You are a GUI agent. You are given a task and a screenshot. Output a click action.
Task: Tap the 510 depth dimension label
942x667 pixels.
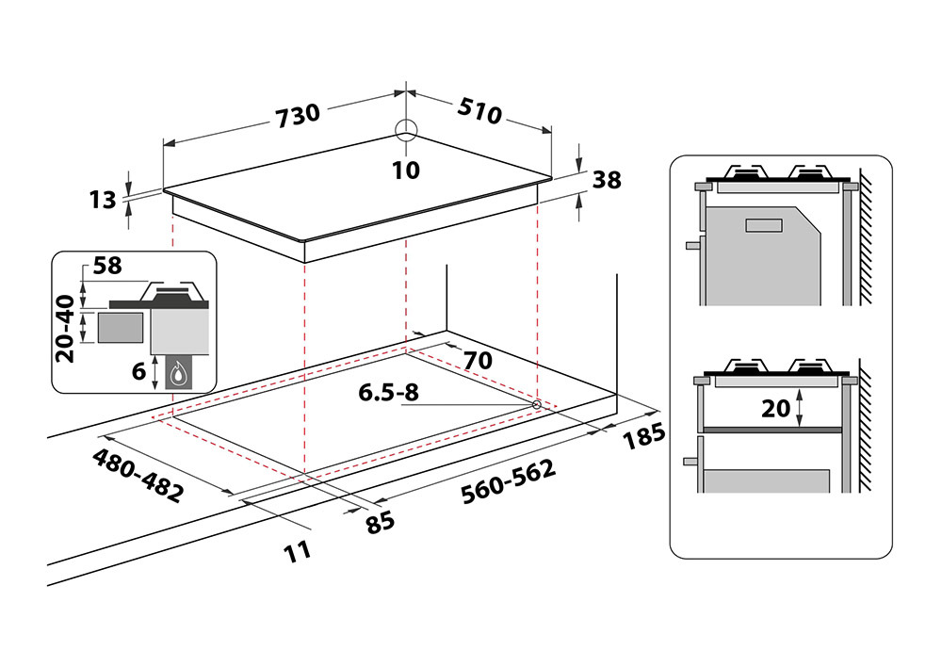point(480,111)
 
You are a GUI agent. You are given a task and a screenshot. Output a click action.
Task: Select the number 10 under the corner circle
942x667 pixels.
point(406,170)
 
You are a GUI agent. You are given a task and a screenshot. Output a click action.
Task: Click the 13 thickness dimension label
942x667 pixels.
point(103,199)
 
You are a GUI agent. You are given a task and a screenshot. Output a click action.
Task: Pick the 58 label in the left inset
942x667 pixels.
point(107,266)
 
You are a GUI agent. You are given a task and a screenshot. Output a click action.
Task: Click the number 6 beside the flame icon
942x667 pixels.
point(138,371)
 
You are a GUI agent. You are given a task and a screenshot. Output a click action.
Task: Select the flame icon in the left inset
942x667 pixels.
point(177,374)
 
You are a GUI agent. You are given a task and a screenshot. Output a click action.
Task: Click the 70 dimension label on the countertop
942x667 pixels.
point(479,359)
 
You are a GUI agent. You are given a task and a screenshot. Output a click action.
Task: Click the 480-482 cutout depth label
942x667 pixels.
point(138,476)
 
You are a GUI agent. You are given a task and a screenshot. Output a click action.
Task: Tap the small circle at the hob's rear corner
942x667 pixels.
point(405,130)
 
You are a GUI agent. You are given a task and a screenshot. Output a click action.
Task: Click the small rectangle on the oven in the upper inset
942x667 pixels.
point(762,225)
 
